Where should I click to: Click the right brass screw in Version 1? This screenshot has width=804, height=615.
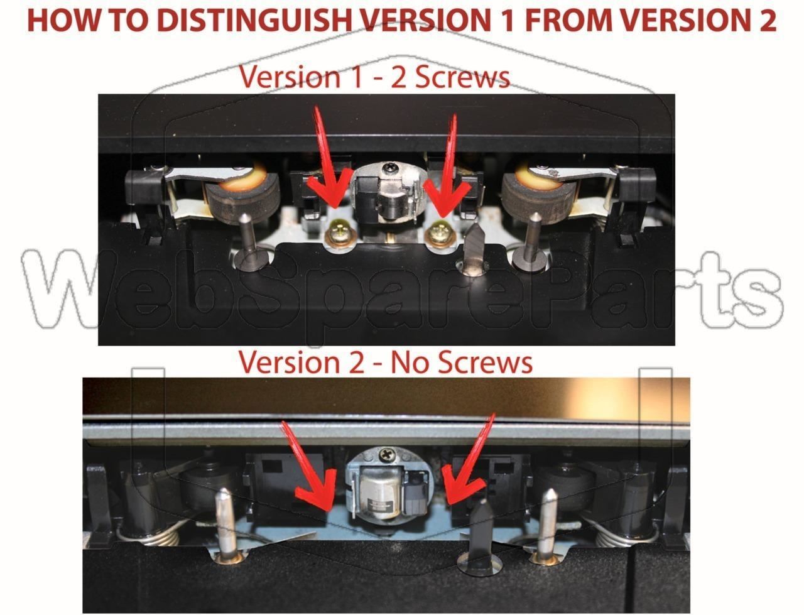(x=442, y=234)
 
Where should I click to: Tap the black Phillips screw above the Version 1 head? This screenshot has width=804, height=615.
(x=388, y=168)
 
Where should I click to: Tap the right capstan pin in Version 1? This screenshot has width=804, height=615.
(x=531, y=240)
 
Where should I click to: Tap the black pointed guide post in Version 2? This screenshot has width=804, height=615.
(x=481, y=535)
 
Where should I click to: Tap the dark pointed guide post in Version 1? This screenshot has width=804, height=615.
(x=475, y=249)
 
